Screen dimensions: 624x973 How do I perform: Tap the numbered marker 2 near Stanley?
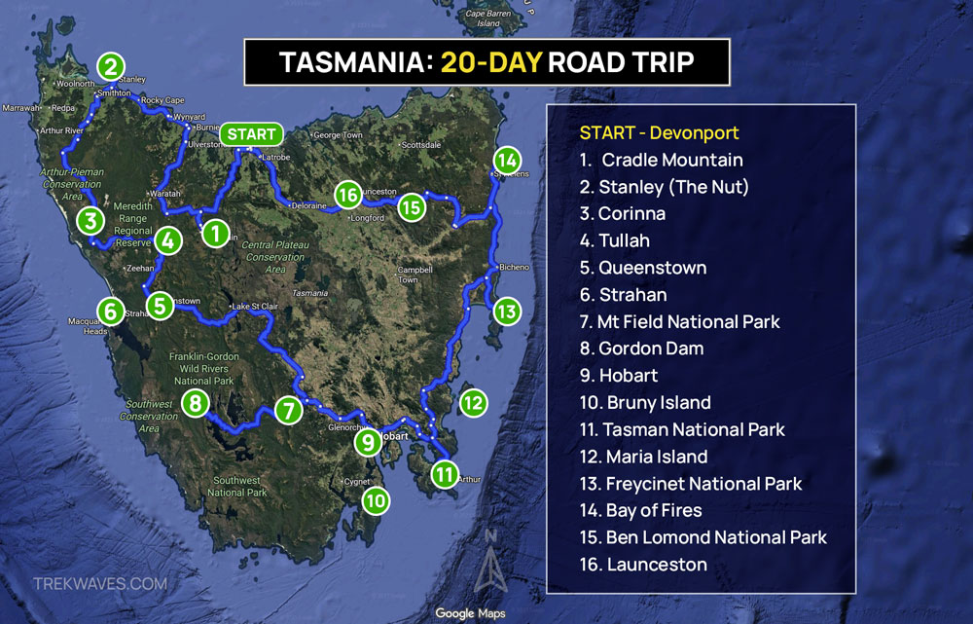click(111, 66)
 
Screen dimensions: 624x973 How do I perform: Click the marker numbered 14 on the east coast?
click(506, 160)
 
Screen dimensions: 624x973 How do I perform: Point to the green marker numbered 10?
click(376, 500)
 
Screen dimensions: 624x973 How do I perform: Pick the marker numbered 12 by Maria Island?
click(473, 401)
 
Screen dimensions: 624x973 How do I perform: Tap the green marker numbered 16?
click(347, 195)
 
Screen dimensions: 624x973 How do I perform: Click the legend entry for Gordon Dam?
click(651, 349)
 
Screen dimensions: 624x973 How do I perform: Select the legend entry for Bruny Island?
click(655, 402)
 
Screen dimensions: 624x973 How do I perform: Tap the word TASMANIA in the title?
click(354, 62)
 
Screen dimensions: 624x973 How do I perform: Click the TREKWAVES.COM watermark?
click(100, 584)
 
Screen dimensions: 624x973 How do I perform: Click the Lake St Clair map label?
click(253, 308)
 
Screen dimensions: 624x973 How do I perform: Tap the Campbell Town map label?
click(409, 275)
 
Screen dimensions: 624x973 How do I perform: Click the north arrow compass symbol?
click(491, 565)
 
